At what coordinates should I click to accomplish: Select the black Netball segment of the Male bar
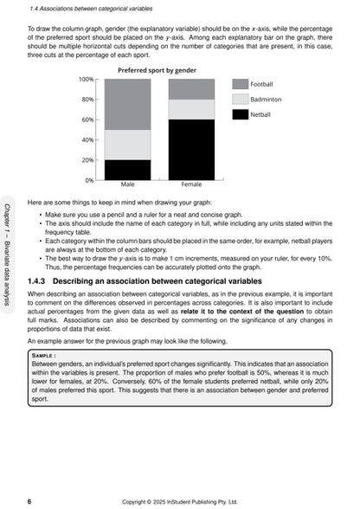[x=127, y=170]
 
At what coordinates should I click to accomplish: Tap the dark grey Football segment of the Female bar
[x=191, y=89]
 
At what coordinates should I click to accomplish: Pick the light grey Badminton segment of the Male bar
[x=127, y=145]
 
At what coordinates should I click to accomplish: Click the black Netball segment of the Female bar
[x=191, y=150]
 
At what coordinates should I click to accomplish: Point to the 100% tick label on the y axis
[x=87, y=80]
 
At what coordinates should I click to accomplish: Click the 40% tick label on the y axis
[x=88, y=140]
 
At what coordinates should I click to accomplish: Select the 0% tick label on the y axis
[x=90, y=180]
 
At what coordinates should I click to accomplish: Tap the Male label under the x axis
[x=127, y=185]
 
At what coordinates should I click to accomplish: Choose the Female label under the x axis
[x=191, y=185]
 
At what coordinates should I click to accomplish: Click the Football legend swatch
[x=240, y=84]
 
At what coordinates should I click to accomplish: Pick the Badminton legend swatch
[x=240, y=100]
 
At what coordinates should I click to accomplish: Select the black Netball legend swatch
[x=240, y=115]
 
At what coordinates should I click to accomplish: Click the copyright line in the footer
[x=181, y=500]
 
